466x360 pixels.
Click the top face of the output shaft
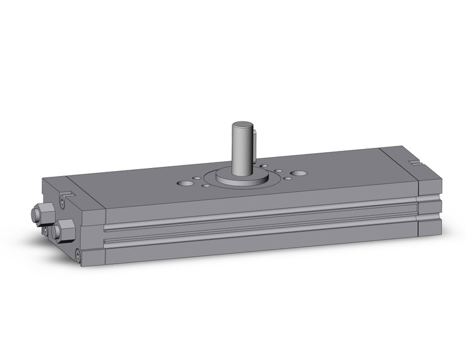(x=242, y=126)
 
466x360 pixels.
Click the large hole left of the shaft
(x=184, y=183)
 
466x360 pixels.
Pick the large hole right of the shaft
(x=299, y=173)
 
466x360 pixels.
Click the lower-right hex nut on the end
(x=62, y=231)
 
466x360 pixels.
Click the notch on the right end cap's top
(x=416, y=163)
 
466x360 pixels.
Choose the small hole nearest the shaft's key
(x=263, y=166)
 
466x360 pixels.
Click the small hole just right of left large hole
(x=197, y=178)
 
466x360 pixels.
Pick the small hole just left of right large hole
(x=286, y=178)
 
